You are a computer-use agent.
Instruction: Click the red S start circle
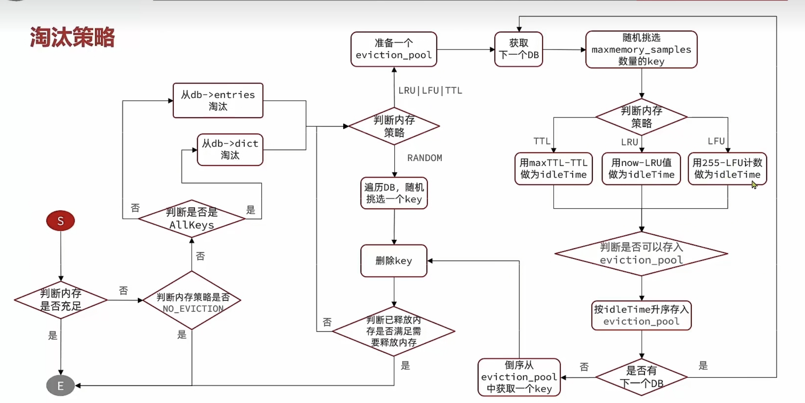click(x=60, y=221)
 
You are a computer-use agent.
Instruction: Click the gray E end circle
click(x=60, y=386)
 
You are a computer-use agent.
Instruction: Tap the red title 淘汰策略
click(x=72, y=37)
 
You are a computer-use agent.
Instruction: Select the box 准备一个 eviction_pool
click(x=393, y=49)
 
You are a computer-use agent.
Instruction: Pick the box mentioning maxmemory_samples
click(x=641, y=49)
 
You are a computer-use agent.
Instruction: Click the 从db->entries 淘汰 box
click(x=218, y=100)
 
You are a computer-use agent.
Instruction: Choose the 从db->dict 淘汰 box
click(x=230, y=150)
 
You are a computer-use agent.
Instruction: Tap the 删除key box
click(x=393, y=261)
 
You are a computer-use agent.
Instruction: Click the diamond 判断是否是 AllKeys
click(x=192, y=218)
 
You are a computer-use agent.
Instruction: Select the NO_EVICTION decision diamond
click(x=192, y=300)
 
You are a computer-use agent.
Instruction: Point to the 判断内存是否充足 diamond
click(x=61, y=300)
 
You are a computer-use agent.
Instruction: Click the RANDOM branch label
click(x=424, y=158)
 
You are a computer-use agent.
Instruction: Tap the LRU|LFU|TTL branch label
click(x=430, y=91)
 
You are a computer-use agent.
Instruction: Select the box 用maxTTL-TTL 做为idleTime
click(x=553, y=169)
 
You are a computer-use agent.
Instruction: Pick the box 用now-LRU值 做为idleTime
click(x=641, y=169)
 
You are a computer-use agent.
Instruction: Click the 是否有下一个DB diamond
click(x=641, y=377)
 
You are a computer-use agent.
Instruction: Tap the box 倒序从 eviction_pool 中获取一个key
click(x=519, y=377)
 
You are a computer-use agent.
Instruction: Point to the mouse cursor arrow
click(x=754, y=185)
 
